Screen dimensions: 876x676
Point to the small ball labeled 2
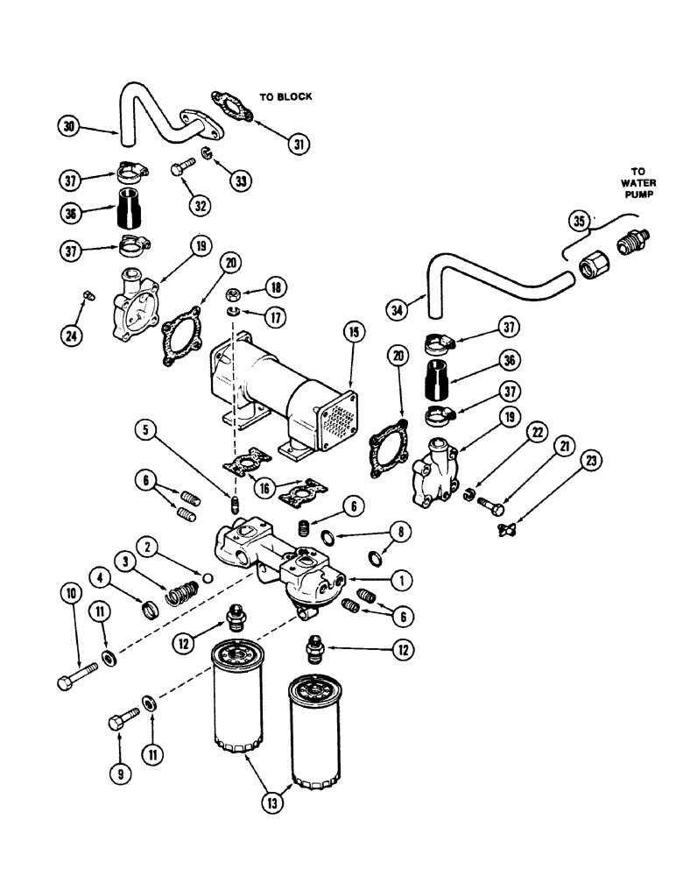(x=208, y=577)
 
